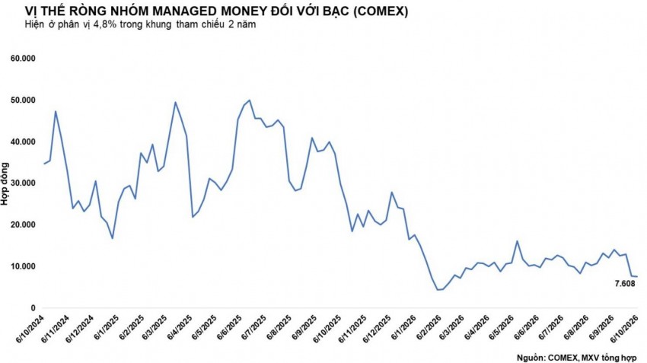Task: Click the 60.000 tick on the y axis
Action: pos(23,59)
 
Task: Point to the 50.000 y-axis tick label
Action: pos(23,100)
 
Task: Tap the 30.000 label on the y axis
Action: pos(23,183)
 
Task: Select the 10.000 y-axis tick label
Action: pos(23,266)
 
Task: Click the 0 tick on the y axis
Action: pos(33,308)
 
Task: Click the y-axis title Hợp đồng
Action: pos(5,183)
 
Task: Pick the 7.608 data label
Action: pos(625,284)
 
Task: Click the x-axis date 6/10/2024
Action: pos(30,330)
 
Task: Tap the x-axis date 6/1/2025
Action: pos(107,328)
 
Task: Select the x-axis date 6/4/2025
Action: pos(180,328)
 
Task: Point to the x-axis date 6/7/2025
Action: pos(254,328)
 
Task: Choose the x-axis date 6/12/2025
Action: pos(377,330)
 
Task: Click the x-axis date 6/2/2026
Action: pos(429,328)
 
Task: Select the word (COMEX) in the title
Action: pos(381,11)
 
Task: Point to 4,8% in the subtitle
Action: pos(106,25)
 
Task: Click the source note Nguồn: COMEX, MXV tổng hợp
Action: pos(576,357)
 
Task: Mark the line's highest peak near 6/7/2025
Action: pos(250,100)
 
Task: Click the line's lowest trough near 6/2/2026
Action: pos(438,290)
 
